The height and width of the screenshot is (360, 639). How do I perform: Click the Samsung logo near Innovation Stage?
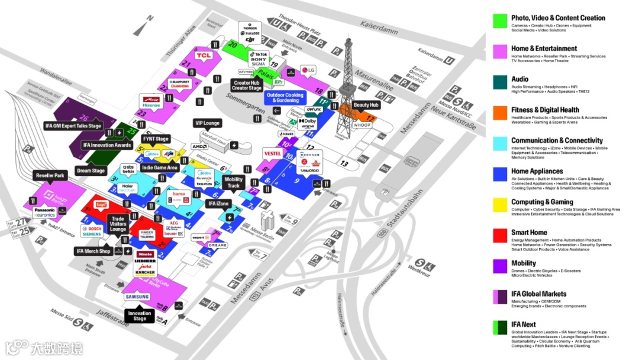137,297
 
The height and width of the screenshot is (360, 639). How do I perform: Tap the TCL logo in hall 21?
204,56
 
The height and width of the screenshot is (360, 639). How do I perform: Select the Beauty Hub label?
366,105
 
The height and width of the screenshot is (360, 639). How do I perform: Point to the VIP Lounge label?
206,123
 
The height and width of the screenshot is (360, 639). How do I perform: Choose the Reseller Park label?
50,176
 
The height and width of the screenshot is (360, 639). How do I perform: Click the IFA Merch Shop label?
93,252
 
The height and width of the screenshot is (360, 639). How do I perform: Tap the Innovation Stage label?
140,316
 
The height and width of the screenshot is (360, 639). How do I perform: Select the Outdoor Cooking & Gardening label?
285,98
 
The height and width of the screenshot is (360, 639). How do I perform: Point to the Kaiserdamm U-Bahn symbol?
449,60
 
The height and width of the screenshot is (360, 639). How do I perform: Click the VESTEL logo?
272,153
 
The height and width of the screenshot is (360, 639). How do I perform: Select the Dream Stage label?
91,171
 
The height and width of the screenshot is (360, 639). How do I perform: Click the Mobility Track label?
233,182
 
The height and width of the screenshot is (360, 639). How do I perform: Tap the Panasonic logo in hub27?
44,210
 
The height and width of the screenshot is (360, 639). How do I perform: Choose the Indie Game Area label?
160,168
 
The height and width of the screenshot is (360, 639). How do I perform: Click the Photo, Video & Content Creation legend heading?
558,18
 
